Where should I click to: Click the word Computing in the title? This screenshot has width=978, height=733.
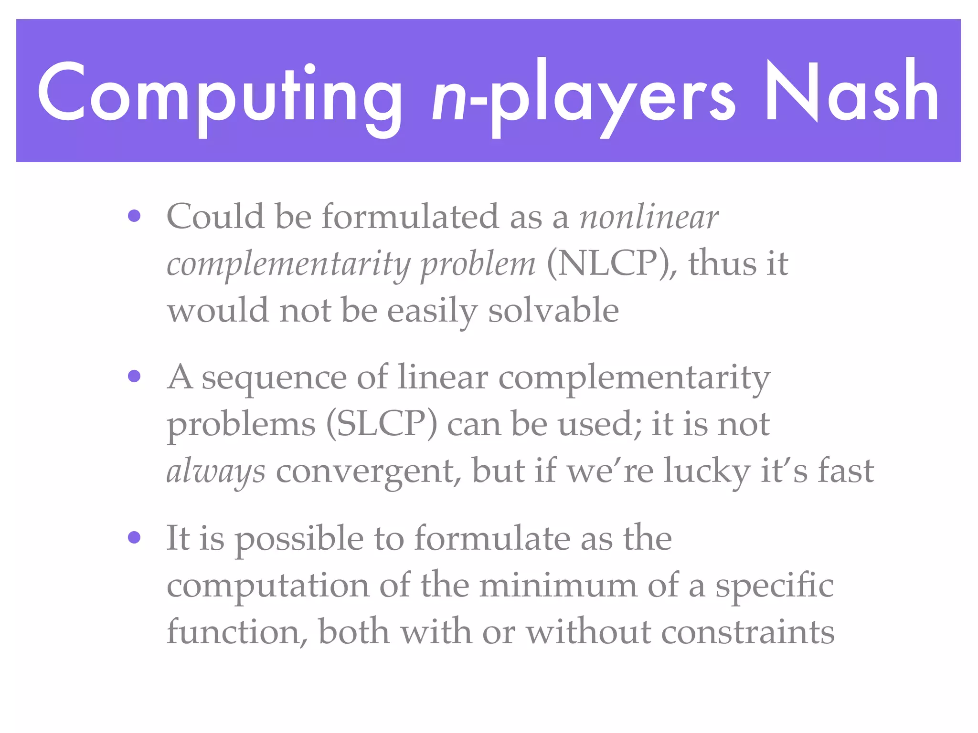220,93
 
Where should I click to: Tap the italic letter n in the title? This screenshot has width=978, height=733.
449,98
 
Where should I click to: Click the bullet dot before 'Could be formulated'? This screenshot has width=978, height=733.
134,216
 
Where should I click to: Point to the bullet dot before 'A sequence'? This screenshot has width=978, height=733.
134,377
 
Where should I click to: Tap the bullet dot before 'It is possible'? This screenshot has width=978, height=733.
134,538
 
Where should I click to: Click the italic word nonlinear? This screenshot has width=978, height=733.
648,217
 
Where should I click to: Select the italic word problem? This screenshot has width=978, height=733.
478,265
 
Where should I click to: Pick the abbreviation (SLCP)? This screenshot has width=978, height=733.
382,424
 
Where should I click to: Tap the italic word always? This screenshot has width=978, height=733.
216,471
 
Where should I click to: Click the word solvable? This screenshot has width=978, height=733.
553,310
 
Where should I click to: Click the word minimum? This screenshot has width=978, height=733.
558,585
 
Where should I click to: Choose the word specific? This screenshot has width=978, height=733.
774,586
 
